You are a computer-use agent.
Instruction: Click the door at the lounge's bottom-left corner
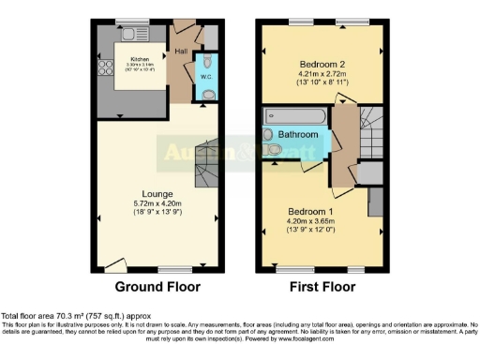[112, 263]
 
